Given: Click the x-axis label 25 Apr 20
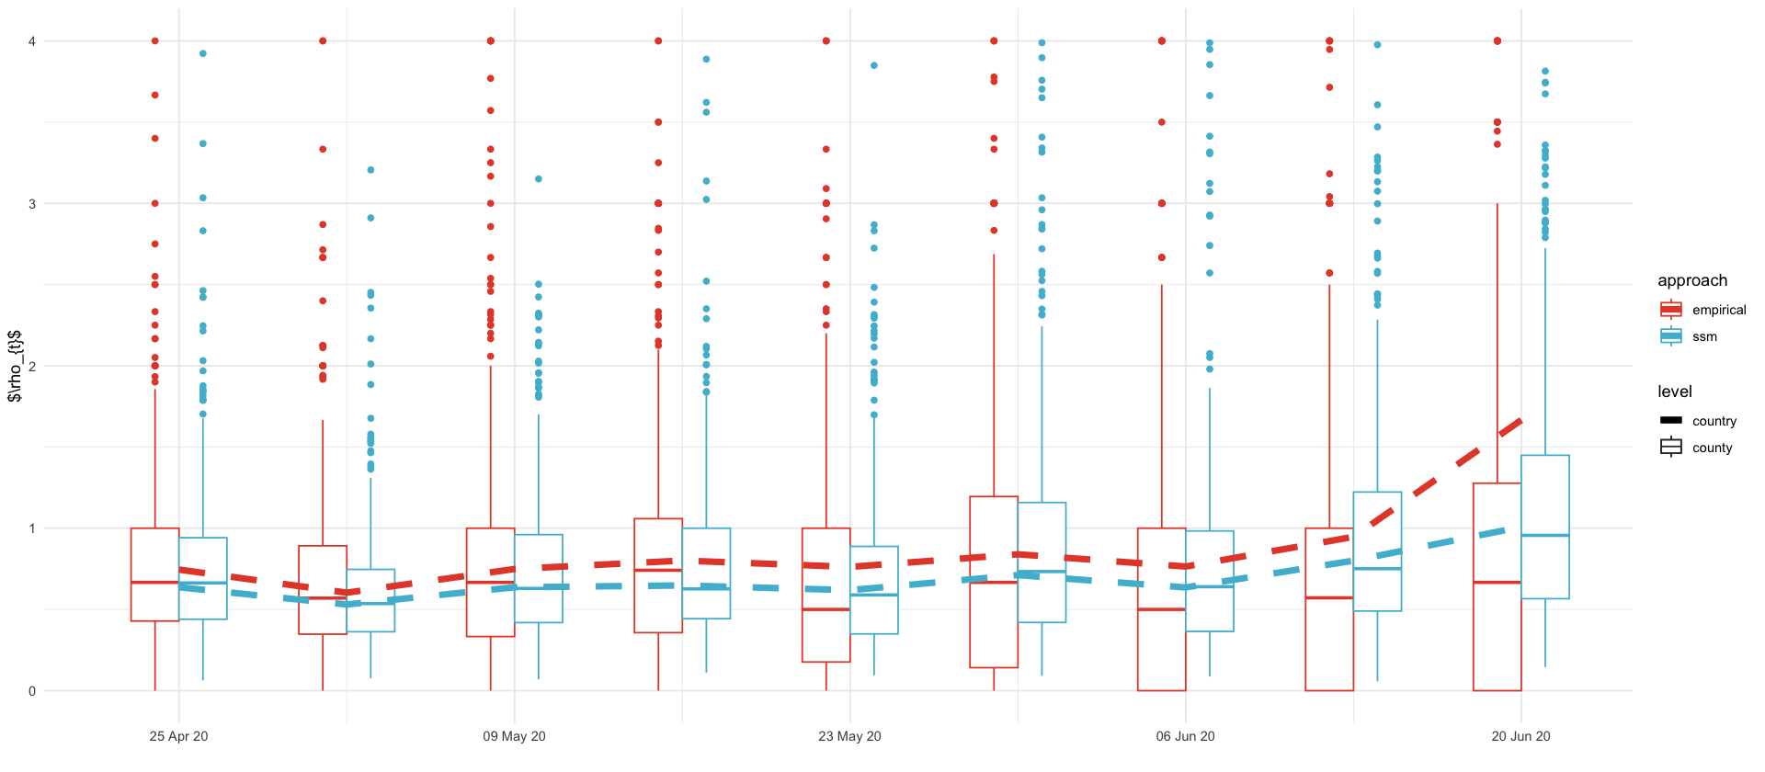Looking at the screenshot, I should (x=178, y=736).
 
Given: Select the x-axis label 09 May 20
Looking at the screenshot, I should (x=514, y=736).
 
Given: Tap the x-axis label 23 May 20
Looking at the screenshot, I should (x=849, y=736).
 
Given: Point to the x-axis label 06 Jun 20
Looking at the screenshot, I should (x=1185, y=736).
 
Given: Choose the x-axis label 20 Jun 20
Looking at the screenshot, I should (x=1520, y=736).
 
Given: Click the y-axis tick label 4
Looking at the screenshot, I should (x=32, y=41).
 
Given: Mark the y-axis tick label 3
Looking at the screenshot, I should (x=32, y=204).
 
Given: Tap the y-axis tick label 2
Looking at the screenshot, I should (x=32, y=366).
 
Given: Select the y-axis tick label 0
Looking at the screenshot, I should (x=32, y=691).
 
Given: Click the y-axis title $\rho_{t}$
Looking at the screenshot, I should (x=15, y=366).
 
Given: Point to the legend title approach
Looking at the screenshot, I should (x=1691, y=280).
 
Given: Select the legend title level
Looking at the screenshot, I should (x=1674, y=392).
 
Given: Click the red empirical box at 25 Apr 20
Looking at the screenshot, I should (x=154, y=574).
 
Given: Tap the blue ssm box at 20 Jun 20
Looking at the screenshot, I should (x=1544, y=527).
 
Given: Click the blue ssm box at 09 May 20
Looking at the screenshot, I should (x=538, y=578).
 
